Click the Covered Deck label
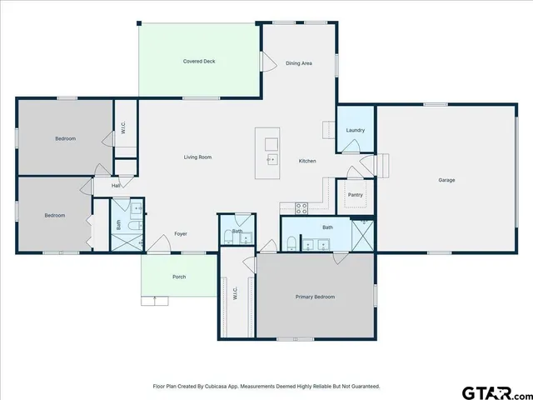[x=200, y=62]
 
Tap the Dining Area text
[x=299, y=63]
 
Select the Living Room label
[x=197, y=157]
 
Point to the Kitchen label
[x=307, y=160]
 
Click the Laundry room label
[x=356, y=130]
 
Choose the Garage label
[x=446, y=180]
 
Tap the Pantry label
[x=356, y=195]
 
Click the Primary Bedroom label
[x=316, y=297]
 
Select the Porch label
[x=179, y=277]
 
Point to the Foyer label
[x=181, y=234]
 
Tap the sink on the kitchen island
[x=271, y=157]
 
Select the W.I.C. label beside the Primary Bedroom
[x=236, y=294]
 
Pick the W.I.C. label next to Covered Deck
[x=123, y=129]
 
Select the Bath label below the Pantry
[x=327, y=227]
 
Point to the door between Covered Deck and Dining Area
[x=268, y=62]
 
